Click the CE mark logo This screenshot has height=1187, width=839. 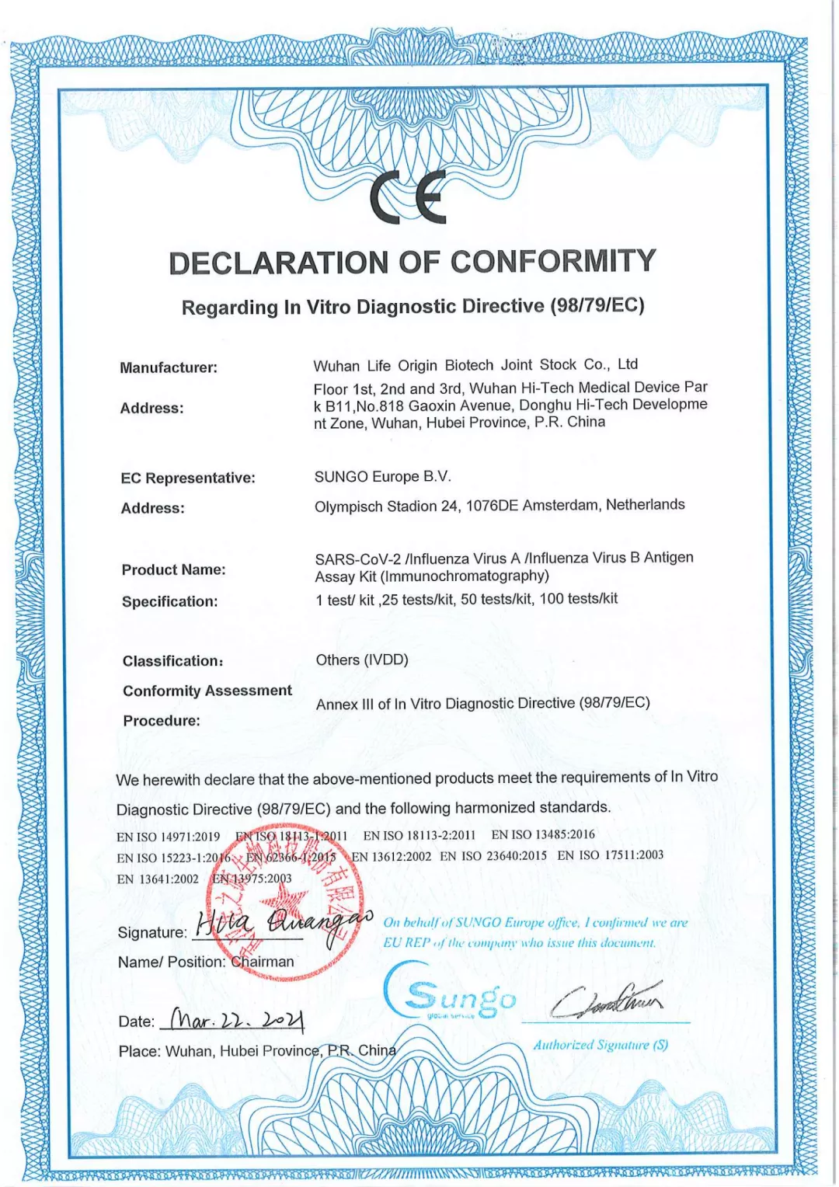point(409,197)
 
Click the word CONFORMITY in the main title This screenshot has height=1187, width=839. point(553,262)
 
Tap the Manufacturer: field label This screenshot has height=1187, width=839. point(169,367)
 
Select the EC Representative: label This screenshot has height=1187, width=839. point(188,478)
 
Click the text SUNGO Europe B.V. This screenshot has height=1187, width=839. point(382,476)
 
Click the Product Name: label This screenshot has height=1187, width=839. point(173,569)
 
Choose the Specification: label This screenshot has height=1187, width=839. point(170,601)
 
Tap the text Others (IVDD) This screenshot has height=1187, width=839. point(362,660)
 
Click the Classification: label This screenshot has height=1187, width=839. point(172,661)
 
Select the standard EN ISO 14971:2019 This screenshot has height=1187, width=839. point(168,837)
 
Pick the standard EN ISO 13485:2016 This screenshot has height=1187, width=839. point(543,834)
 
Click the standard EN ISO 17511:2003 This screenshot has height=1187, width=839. point(611,855)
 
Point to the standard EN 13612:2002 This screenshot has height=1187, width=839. point(392,856)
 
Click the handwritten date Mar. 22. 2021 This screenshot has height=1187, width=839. point(237,1018)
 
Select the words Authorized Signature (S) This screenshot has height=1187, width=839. point(601,1045)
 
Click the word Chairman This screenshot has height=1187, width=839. point(263,962)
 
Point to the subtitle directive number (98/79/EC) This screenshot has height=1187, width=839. point(597,305)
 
